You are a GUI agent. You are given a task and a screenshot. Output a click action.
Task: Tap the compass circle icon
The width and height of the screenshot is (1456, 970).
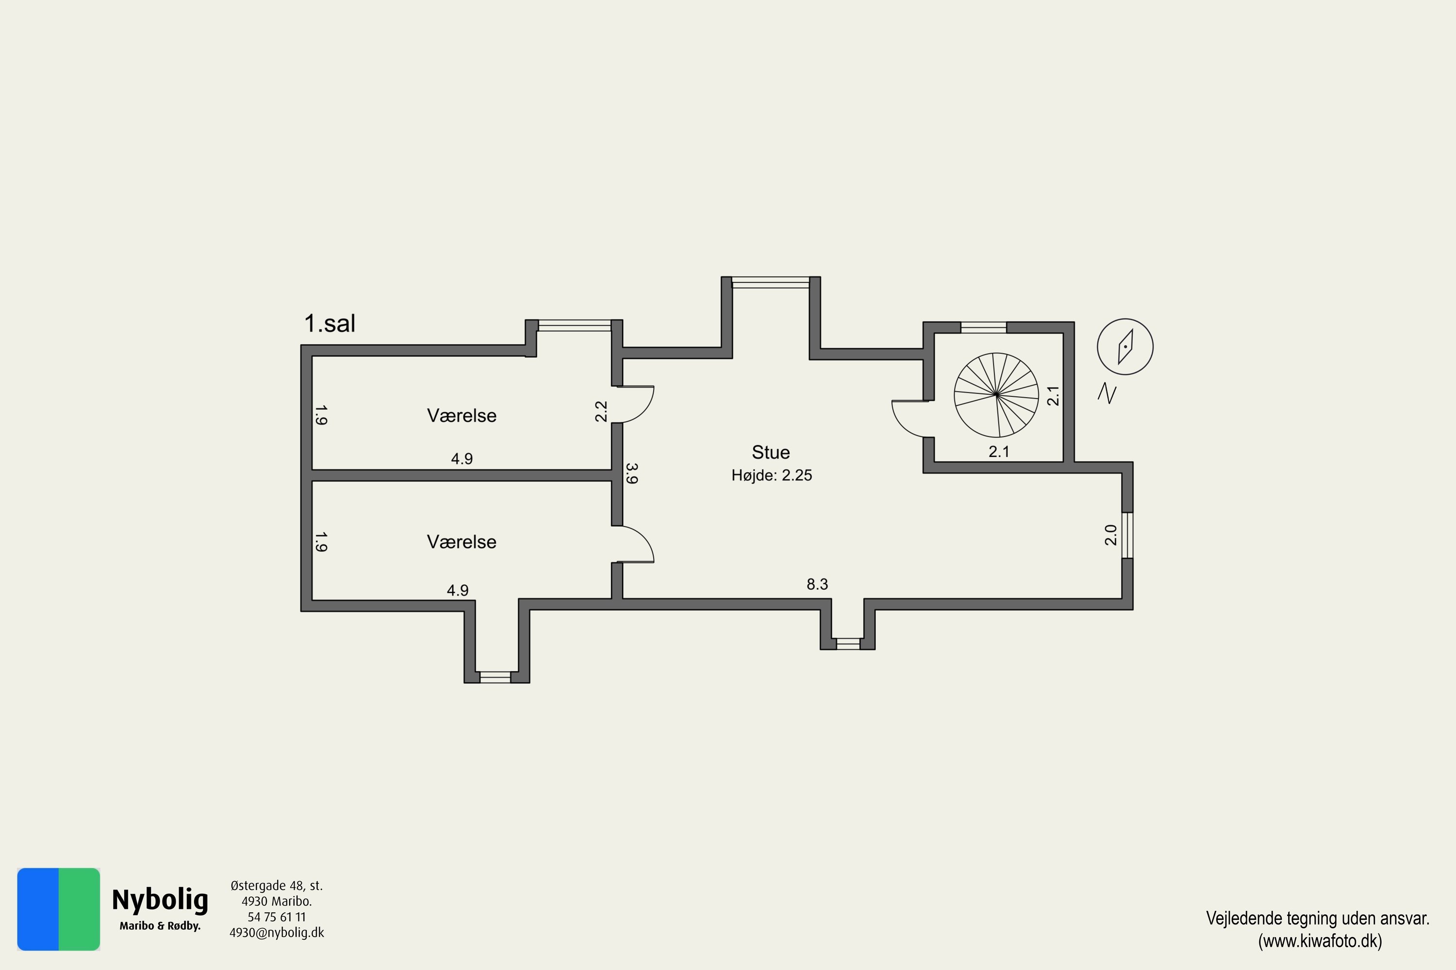(x=1125, y=346)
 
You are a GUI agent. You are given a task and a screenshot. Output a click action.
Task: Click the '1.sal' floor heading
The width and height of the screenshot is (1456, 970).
(x=330, y=323)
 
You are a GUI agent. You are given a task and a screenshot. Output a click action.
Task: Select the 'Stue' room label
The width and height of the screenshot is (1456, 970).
(x=771, y=452)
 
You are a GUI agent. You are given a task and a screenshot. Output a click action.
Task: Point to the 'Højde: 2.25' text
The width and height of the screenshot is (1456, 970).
(x=771, y=475)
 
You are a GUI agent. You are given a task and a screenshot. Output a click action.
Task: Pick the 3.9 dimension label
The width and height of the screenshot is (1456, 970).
(x=631, y=473)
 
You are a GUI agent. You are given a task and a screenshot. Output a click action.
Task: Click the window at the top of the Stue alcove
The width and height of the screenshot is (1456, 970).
(x=771, y=283)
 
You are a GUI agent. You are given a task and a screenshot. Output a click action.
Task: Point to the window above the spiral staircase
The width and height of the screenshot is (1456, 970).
(x=983, y=327)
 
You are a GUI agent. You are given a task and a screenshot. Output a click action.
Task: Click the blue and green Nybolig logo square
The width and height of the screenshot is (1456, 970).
(x=58, y=909)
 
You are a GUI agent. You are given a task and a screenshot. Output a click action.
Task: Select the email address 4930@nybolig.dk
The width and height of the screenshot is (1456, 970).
(x=276, y=933)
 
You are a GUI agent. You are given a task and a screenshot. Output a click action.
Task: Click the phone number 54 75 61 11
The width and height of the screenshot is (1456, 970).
(x=276, y=917)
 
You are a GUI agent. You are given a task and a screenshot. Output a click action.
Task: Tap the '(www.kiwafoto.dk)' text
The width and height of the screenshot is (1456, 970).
(x=1319, y=941)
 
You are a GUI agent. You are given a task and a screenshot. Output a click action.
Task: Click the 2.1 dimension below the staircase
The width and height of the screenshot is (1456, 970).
(x=998, y=452)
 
